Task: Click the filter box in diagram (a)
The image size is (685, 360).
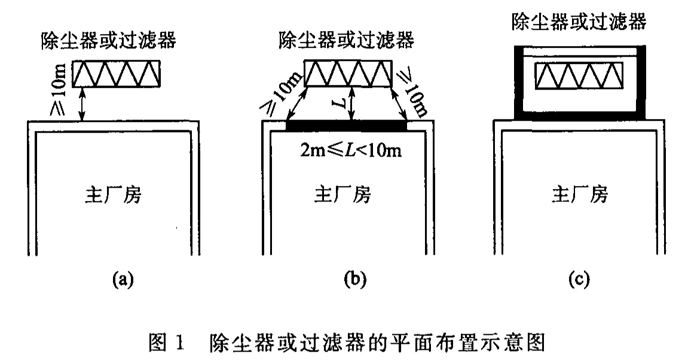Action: coord(117,74)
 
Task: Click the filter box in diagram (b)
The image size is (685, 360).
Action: coord(348,74)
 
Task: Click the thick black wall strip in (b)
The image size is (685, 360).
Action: coord(347,126)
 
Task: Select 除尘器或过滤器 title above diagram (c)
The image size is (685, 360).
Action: coord(579,23)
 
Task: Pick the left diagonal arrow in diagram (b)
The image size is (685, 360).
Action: coord(296,105)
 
